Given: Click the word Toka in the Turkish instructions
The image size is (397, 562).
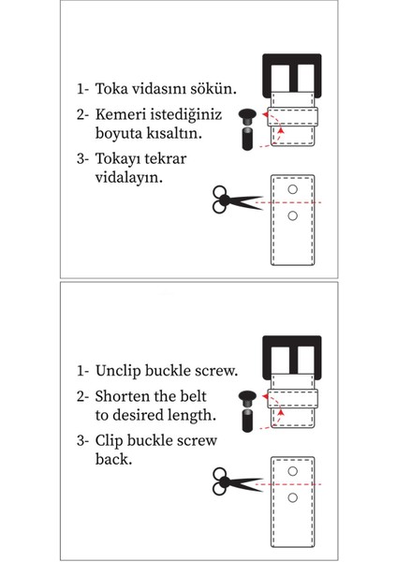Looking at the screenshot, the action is (x=111, y=89).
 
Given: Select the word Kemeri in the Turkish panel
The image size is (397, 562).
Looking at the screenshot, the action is (x=120, y=114).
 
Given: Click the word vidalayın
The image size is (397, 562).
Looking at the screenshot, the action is (x=129, y=177).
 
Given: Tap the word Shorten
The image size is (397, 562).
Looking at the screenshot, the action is (x=122, y=396).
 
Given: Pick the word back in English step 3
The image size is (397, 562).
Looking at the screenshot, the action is (x=113, y=459).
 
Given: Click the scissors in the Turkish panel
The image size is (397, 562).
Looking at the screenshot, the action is (x=237, y=200).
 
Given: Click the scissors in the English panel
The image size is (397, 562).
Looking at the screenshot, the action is (x=237, y=481).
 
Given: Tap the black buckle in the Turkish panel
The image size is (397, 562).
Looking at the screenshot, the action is (x=292, y=59).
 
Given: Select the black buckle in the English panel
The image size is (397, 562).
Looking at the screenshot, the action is (x=292, y=341).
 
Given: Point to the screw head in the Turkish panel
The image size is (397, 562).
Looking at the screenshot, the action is (x=247, y=116).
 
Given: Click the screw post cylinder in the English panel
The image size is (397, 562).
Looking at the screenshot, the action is (x=247, y=421).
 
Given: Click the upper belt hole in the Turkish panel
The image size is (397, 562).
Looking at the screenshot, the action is (x=293, y=189).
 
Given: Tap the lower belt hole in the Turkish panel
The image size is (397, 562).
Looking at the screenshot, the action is (x=293, y=215).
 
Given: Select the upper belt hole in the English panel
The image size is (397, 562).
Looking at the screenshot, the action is (x=293, y=471).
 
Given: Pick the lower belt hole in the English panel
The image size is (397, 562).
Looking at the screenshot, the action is (x=293, y=497).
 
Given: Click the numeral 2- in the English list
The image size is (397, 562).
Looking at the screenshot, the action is (x=82, y=397).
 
